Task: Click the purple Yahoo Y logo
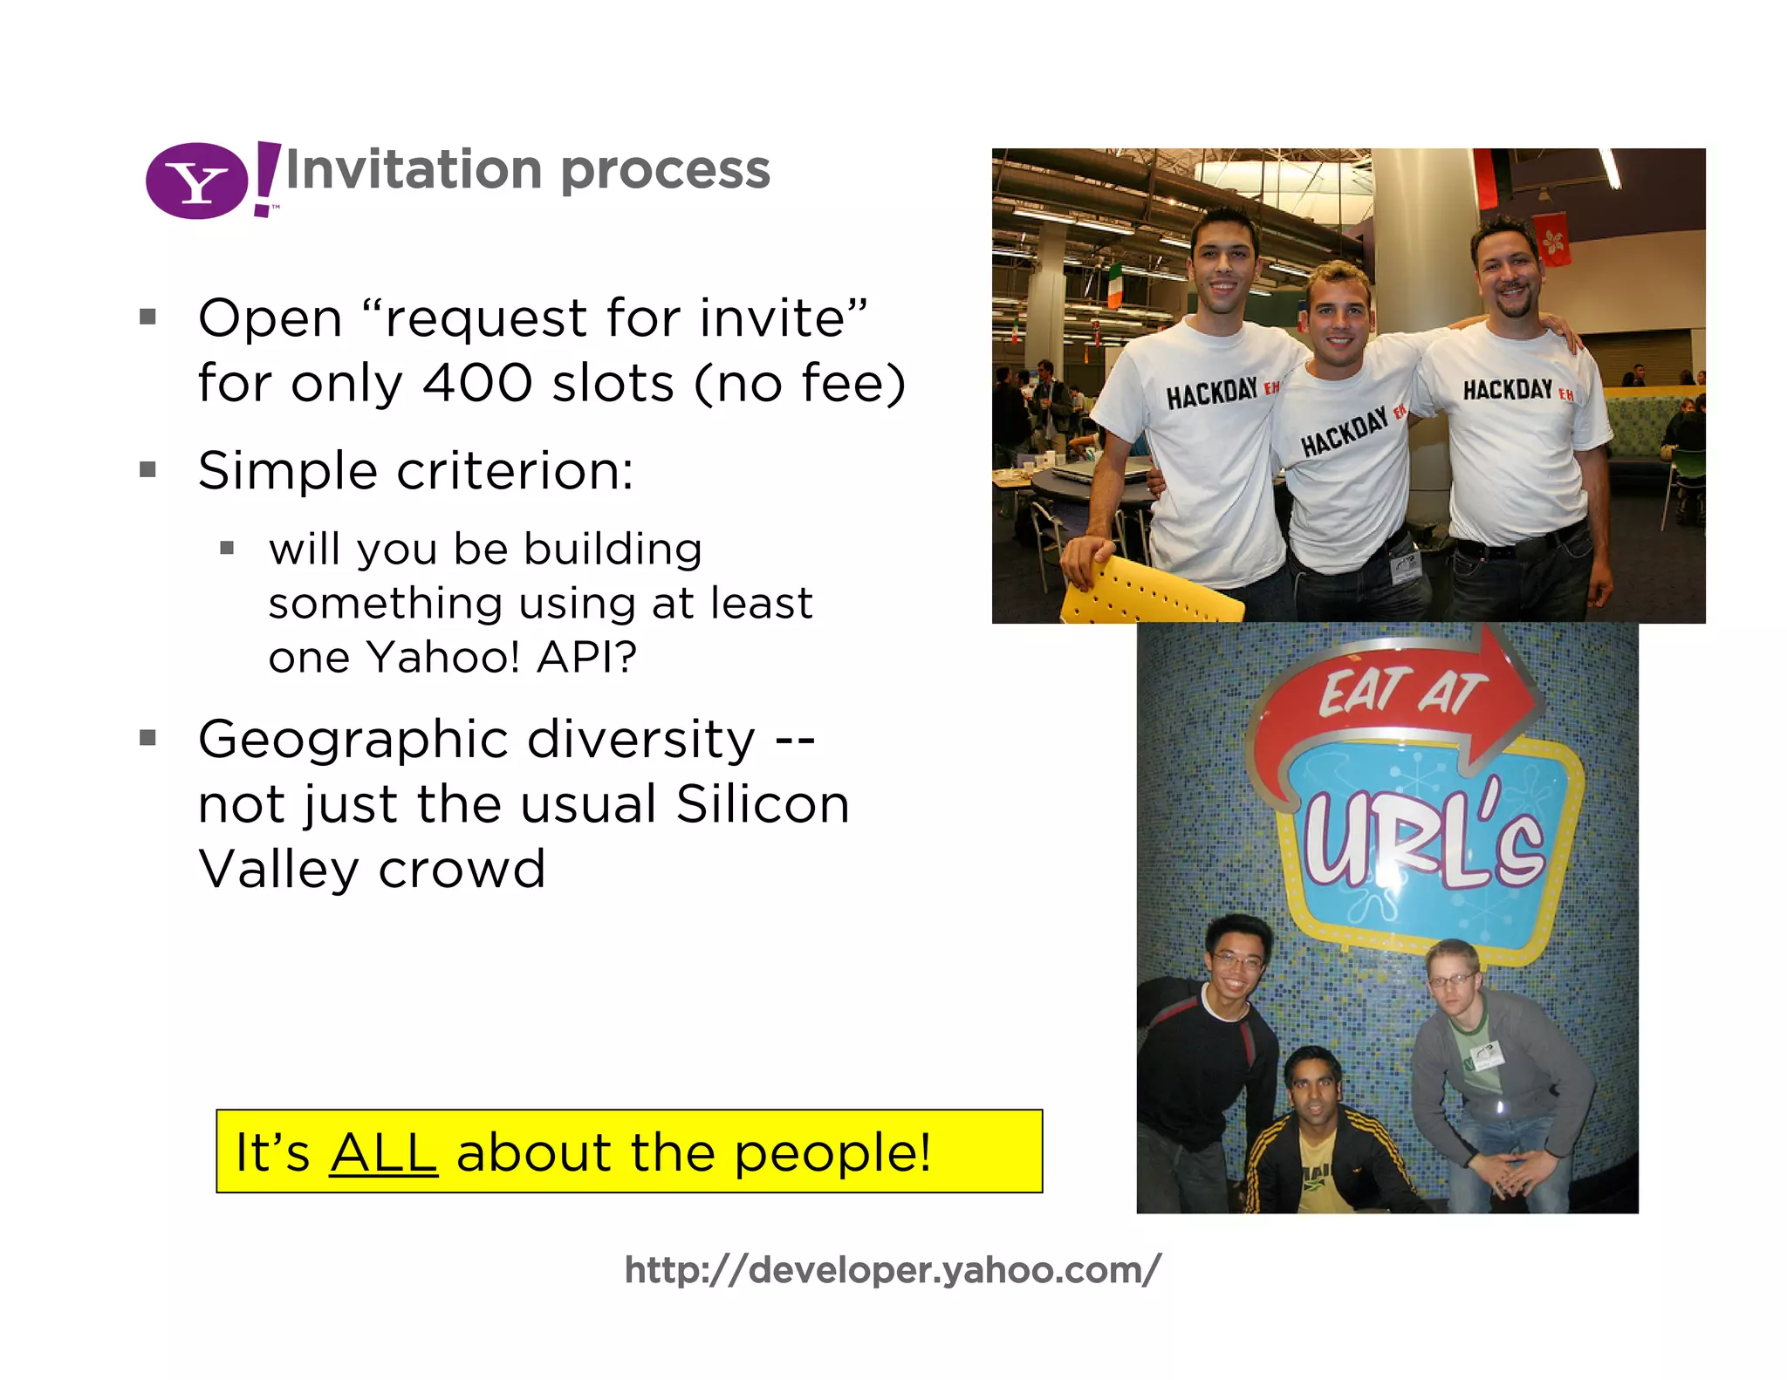click(x=197, y=181)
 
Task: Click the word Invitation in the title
click(x=414, y=169)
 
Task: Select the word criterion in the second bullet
click(x=515, y=471)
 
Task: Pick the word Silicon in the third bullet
click(x=762, y=804)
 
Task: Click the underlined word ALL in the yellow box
click(x=383, y=1152)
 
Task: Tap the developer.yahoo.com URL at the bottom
click(x=893, y=1270)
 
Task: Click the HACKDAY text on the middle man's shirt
click(x=1344, y=433)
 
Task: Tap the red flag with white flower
click(x=1553, y=239)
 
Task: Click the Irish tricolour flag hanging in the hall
click(x=1114, y=284)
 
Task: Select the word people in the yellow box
click(x=831, y=1152)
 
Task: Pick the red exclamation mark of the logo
click(x=265, y=180)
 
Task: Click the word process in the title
click(x=666, y=169)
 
